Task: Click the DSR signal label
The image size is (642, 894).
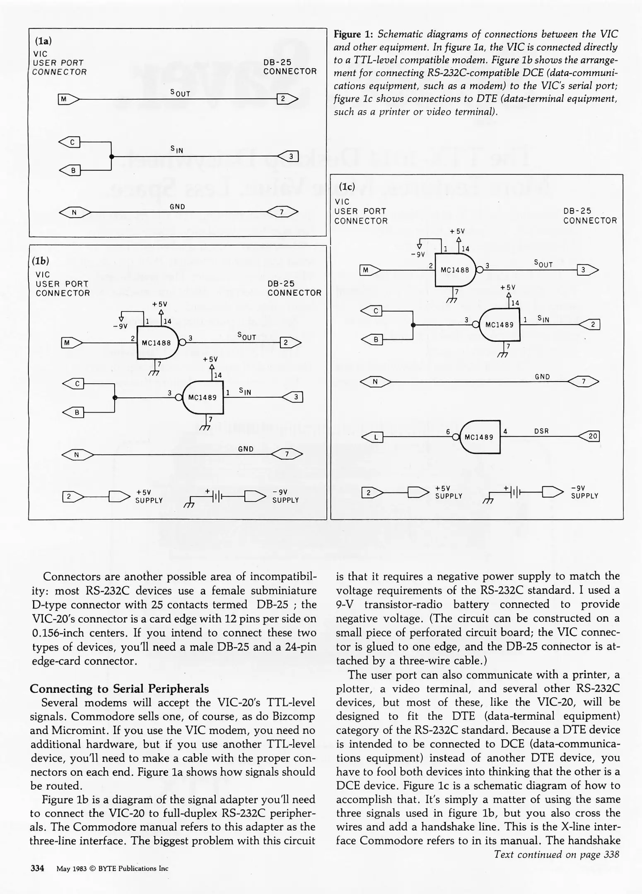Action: tap(541, 431)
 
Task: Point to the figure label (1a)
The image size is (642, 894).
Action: tap(43, 41)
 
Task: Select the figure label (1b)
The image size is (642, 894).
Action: tap(41, 261)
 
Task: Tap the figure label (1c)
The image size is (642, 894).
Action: tap(347, 187)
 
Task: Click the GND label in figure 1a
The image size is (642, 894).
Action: tap(177, 207)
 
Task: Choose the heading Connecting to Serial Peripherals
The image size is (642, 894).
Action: tap(119, 688)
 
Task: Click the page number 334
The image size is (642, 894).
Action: tap(37, 868)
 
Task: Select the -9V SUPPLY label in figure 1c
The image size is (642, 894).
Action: tap(584, 492)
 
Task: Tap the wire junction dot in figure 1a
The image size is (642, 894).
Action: tap(111, 156)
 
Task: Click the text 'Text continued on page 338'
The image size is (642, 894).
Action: tap(556, 854)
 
